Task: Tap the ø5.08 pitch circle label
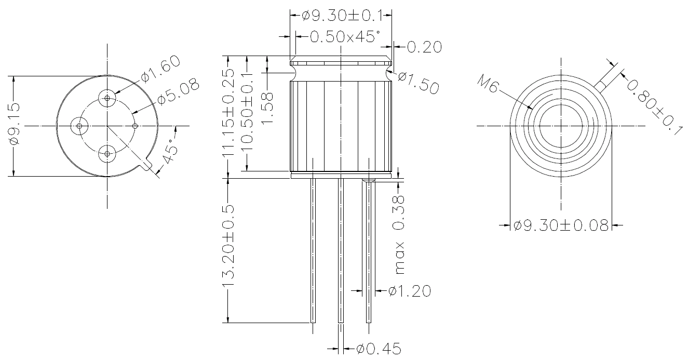tap(178, 91)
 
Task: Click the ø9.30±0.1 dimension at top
tap(342, 16)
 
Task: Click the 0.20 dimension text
tap(424, 47)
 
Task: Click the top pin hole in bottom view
tap(107, 98)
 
